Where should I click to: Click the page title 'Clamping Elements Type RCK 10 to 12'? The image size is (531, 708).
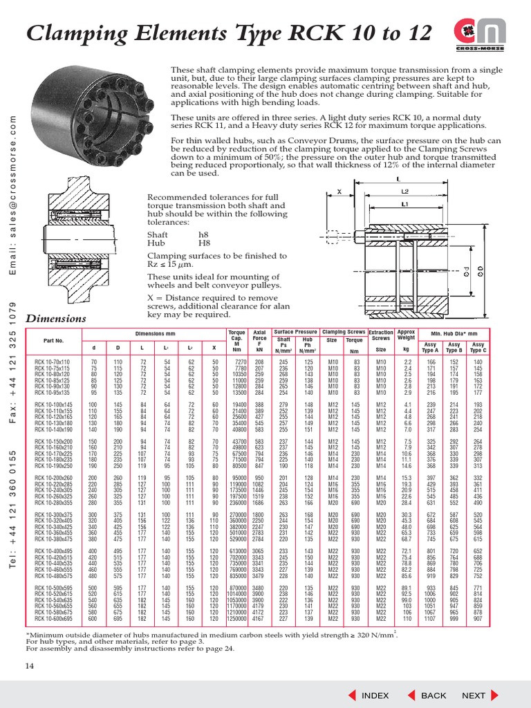(221, 33)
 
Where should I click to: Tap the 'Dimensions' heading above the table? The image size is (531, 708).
(56, 319)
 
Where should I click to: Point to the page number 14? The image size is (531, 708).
(30, 666)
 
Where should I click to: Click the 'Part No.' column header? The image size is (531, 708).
(53, 341)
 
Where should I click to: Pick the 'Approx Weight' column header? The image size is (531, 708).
(407, 335)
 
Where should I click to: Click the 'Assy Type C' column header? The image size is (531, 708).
(478, 346)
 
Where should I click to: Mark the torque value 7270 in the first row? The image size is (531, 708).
(240, 362)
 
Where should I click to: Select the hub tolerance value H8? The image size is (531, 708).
(205, 243)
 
